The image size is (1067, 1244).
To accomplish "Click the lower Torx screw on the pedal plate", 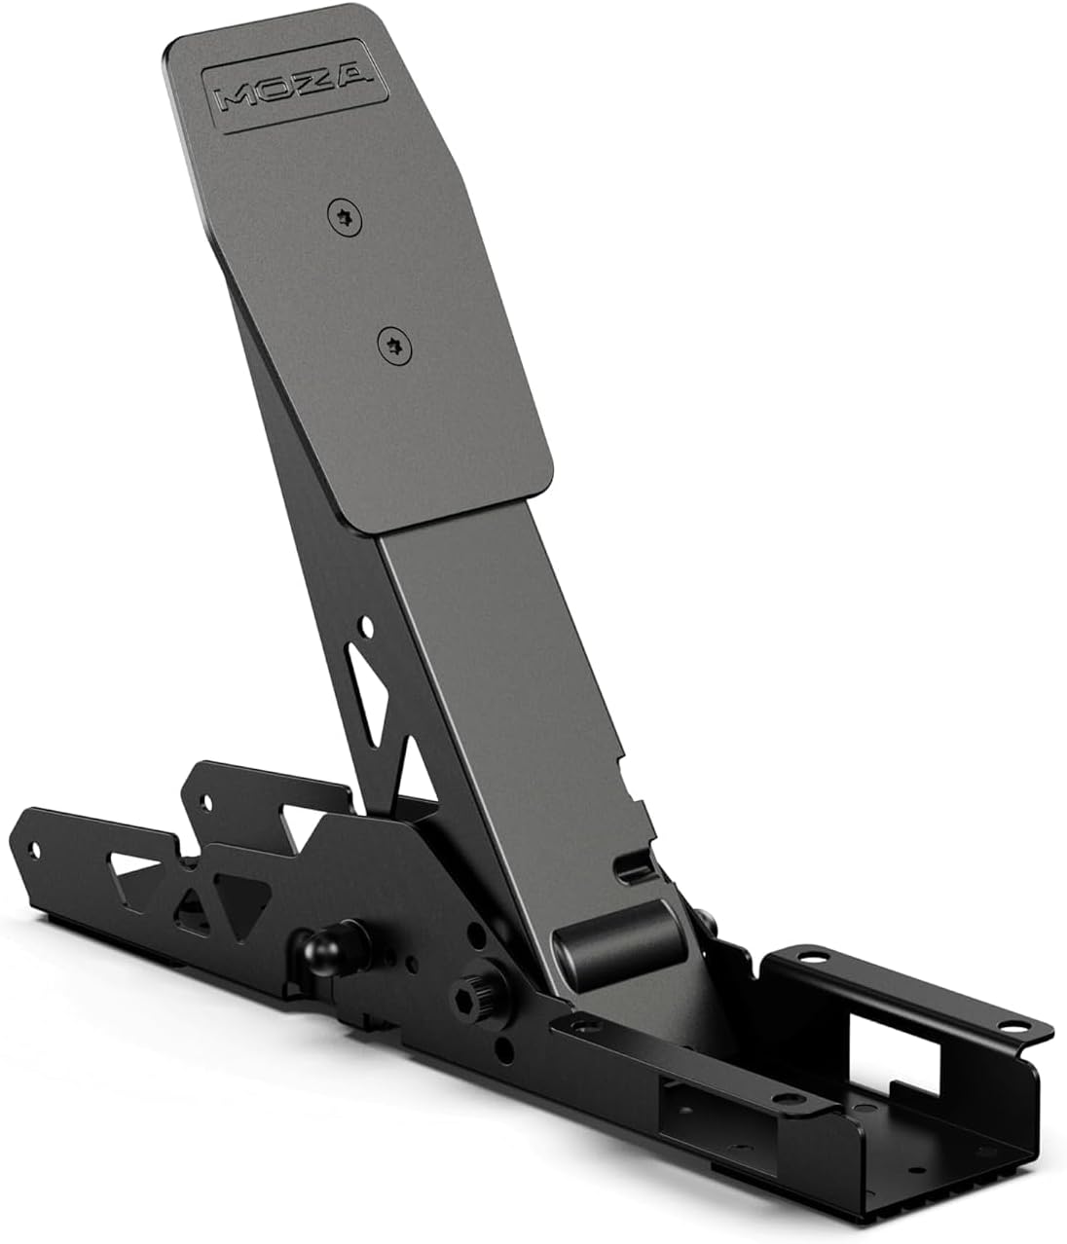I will tap(391, 342).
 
